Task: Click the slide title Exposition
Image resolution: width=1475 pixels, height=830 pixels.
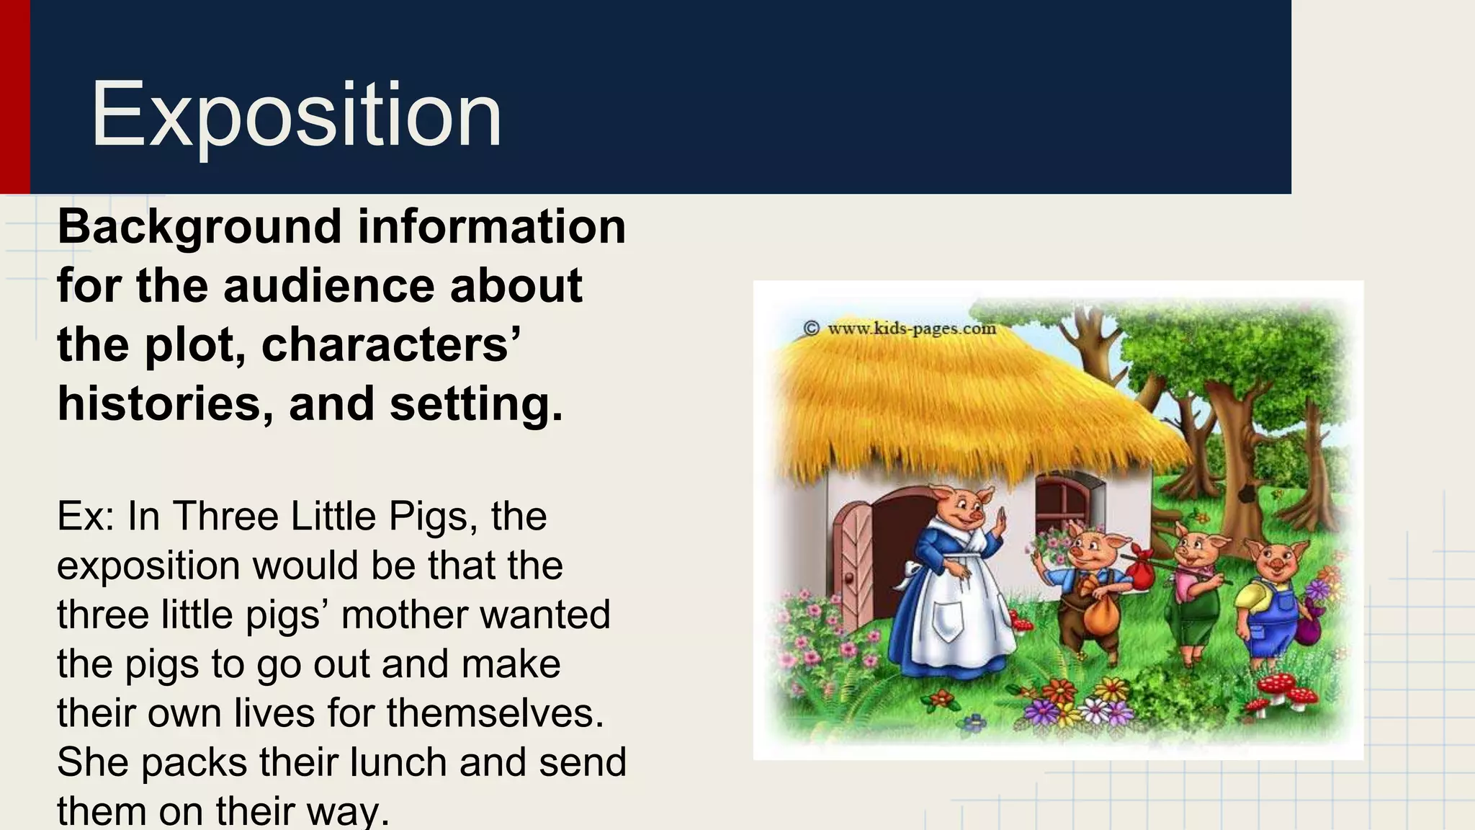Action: (x=295, y=115)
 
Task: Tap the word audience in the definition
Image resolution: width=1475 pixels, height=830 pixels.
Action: (x=328, y=285)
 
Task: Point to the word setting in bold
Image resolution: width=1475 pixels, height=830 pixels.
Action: (x=475, y=403)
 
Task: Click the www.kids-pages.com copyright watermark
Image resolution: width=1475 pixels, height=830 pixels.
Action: (x=900, y=329)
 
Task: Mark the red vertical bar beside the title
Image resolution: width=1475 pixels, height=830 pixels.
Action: (x=14, y=97)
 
